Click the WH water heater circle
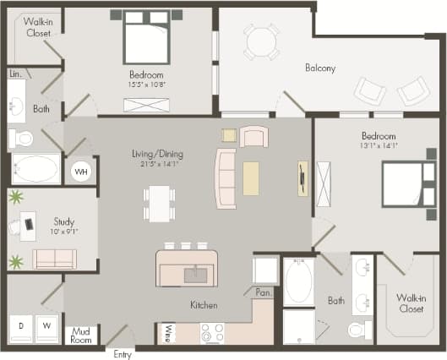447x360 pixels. tap(82, 172)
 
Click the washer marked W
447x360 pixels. tap(48, 325)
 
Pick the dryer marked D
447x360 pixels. tap(21, 325)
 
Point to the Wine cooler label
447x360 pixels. tap(169, 334)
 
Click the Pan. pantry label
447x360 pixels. tap(262, 292)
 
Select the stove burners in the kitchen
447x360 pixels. tap(211, 334)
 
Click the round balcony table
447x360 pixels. tap(261, 41)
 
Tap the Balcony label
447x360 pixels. tap(321, 68)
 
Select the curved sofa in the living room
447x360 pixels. tap(226, 178)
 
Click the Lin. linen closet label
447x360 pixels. tap(15, 74)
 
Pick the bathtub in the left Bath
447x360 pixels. tap(35, 169)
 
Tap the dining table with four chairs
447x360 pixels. tap(160, 204)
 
